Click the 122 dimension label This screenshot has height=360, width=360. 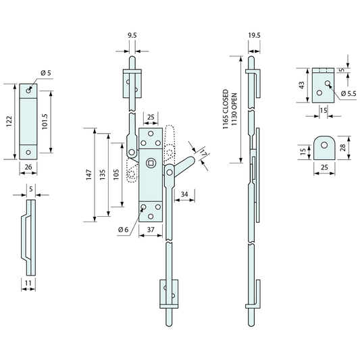(x=9, y=122)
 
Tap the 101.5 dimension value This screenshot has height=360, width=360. (x=45, y=122)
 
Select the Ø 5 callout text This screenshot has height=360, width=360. (x=46, y=73)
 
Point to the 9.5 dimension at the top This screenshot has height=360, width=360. (x=132, y=35)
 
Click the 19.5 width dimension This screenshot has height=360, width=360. (x=254, y=35)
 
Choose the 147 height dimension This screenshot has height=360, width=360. (x=89, y=175)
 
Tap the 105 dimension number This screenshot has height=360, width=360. (x=116, y=175)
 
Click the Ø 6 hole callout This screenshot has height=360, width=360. (x=124, y=230)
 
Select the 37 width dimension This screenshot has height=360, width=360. (x=151, y=230)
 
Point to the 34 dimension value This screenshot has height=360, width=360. (x=184, y=195)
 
